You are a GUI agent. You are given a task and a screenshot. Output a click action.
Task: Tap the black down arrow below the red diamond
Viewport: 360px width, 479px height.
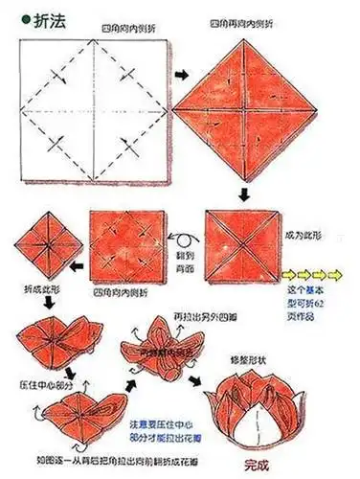click(245, 195)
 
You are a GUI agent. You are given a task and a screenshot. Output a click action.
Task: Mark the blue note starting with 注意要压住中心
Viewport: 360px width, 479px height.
click(170, 423)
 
